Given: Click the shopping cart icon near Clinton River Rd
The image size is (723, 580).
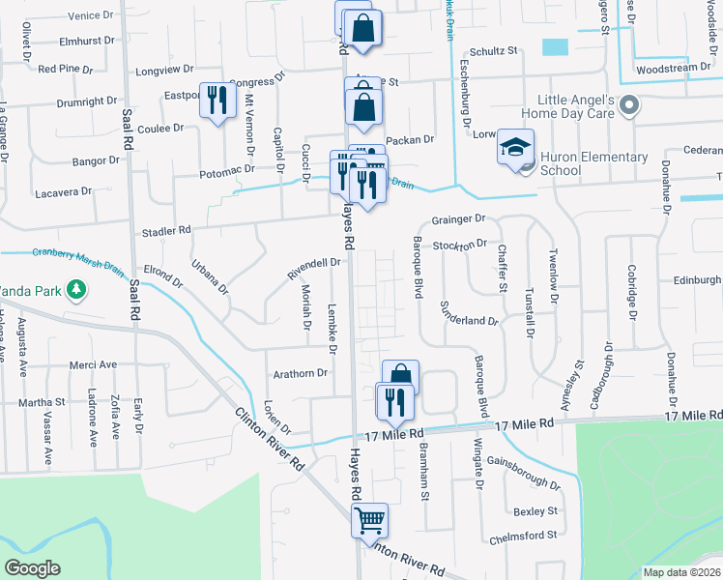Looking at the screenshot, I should coord(370,520).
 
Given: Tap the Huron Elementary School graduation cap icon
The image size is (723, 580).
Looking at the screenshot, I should coord(515,148).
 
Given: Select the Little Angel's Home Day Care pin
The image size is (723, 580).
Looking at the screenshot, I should coord(630,105).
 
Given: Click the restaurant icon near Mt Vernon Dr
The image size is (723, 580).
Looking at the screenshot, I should coord(217,100).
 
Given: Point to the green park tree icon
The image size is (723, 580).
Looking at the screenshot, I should coord(73,288).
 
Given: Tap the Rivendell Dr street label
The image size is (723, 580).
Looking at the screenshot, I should coord(314,268).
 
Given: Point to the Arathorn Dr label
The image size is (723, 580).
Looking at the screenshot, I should coord(301,372).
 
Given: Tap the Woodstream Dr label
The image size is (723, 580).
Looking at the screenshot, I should coord(673,69).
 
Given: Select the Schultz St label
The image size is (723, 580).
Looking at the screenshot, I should coord(494,51).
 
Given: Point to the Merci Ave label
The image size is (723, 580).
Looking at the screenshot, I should coord(93,364).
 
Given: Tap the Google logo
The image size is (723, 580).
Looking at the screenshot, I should coord(33,568).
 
